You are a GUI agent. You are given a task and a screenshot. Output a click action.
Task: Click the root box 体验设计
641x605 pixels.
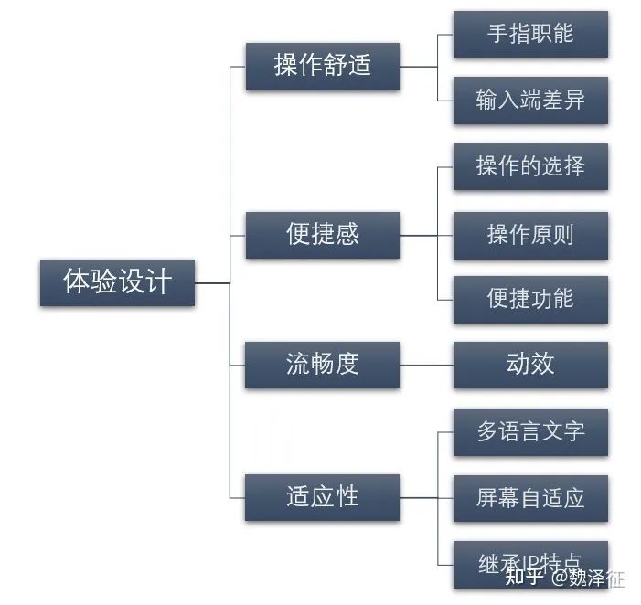[x=117, y=282]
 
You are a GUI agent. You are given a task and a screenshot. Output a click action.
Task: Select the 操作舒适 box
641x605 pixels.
[x=322, y=66]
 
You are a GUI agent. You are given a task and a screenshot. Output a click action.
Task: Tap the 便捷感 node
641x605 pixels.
[x=322, y=235]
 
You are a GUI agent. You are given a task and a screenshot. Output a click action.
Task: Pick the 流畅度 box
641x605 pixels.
[x=322, y=365]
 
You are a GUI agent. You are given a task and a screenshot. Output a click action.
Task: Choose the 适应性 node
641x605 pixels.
[x=322, y=497]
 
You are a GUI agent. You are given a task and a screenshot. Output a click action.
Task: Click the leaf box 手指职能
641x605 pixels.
[x=530, y=34]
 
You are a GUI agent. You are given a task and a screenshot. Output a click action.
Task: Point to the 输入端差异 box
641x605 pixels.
[x=530, y=100]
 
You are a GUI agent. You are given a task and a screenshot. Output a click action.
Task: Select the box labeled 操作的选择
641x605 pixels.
[x=530, y=166]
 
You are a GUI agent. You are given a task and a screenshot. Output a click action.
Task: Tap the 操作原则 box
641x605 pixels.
[x=530, y=233]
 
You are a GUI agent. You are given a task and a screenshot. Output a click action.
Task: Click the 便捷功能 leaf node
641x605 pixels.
[x=530, y=299]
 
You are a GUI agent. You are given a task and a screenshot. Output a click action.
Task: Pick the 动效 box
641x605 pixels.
[x=530, y=365]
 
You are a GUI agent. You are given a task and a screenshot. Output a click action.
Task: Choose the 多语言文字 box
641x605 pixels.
[x=530, y=431]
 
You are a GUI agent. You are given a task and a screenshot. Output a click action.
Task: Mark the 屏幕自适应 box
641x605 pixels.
[x=530, y=498]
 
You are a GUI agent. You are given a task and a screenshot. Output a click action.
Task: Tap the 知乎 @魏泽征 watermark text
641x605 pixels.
[x=565, y=578]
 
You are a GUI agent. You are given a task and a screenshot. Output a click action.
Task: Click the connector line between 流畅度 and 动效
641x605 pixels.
[x=426, y=365]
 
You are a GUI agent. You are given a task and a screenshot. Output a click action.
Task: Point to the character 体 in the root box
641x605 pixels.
[x=76, y=282]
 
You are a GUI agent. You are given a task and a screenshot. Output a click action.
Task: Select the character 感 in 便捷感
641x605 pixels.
[x=347, y=235]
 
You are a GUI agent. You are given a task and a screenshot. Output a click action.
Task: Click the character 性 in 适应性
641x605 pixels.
[x=347, y=497]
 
